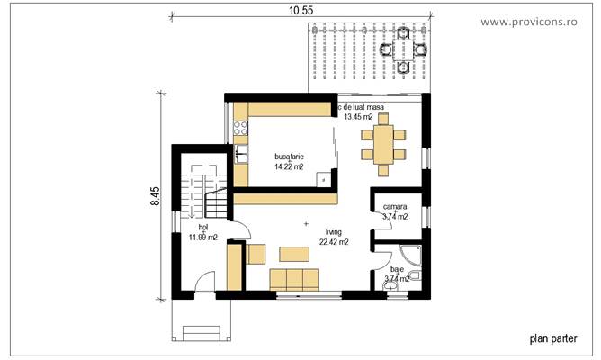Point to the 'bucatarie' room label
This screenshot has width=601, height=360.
[290, 156]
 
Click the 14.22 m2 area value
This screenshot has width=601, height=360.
[290, 166]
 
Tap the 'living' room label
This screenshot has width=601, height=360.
[333, 231]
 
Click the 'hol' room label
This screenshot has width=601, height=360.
[190, 227]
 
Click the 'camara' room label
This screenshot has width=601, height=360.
[393, 206]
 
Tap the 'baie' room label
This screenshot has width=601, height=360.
[397, 268]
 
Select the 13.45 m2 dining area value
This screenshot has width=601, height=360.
[364, 117]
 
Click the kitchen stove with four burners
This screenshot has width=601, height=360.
[241, 129]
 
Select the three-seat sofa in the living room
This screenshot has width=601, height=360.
[292, 278]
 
